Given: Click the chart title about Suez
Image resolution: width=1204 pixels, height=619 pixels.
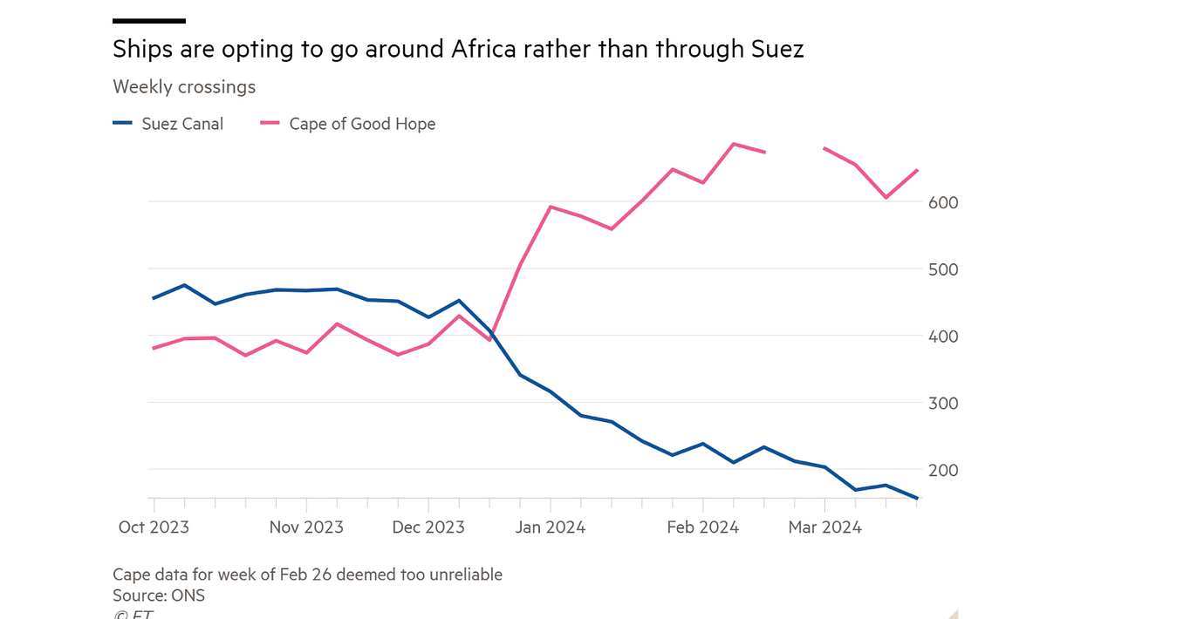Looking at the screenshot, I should click(x=458, y=50).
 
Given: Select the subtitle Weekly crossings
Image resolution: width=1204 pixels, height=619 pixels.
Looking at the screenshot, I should click(x=184, y=87).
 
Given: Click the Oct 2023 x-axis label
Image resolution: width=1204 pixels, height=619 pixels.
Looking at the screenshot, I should click(x=154, y=527).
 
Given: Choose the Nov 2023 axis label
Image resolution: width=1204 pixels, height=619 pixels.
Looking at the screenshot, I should click(x=306, y=527).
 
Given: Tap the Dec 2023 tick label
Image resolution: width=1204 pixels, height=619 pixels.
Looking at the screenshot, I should click(x=428, y=527).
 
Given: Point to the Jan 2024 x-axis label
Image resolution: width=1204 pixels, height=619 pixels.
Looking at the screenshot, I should click(x=550, y=527).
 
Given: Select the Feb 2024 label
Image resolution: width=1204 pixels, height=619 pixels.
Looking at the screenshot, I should click(x=702, y=527).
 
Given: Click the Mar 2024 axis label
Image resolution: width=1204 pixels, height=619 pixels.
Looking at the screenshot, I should click(x=824, y=527).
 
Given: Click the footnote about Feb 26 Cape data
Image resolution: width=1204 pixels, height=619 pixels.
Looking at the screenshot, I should click(x=307, y=575).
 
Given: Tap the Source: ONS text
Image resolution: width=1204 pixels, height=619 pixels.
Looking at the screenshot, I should click(x=159, y=595).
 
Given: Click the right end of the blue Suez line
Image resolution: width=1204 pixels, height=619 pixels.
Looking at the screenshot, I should click(x=917, y=499).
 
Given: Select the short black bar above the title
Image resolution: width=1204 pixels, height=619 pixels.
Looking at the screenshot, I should click(x=149, y=20).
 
